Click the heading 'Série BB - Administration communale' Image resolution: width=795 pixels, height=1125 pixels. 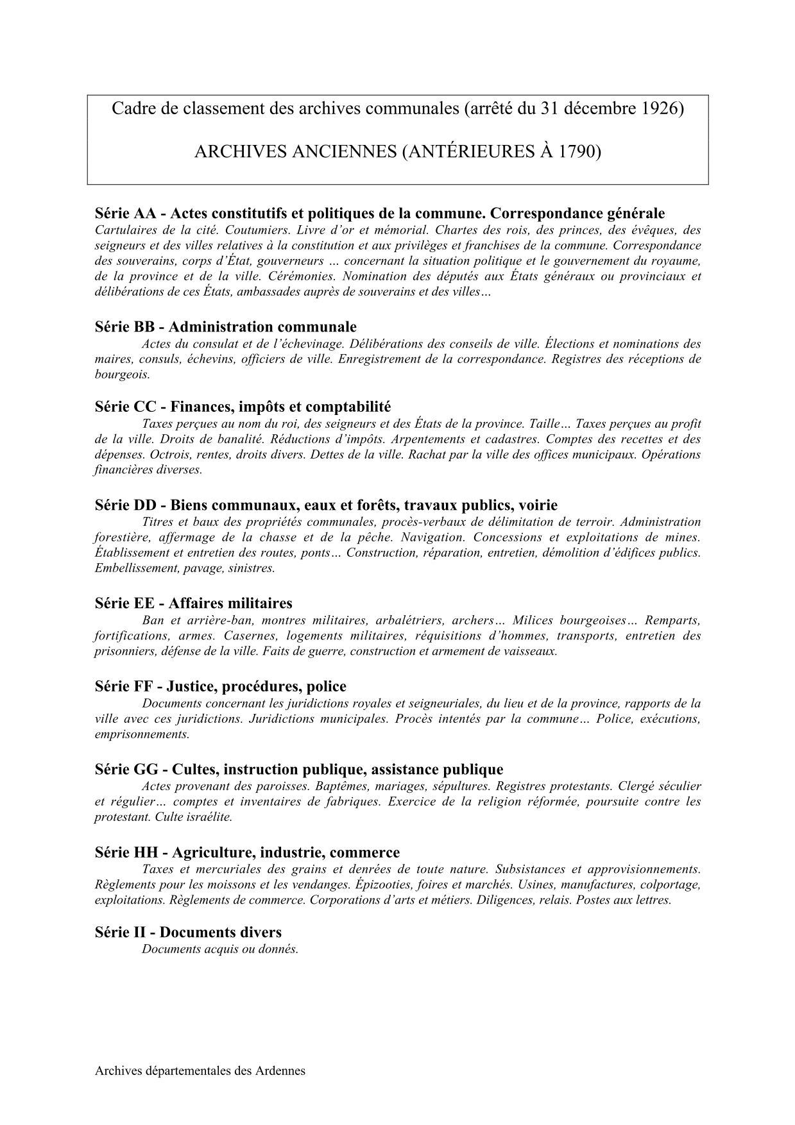225,327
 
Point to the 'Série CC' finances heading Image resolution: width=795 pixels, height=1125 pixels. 243,407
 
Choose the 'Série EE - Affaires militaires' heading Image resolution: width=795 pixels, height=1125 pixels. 193,604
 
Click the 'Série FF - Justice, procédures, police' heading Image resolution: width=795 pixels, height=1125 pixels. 220,687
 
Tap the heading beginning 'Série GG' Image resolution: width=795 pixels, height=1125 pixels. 298,770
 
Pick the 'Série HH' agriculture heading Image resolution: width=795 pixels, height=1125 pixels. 246,853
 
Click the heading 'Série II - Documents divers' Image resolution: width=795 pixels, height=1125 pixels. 188,933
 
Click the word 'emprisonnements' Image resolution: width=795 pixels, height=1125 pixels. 142,734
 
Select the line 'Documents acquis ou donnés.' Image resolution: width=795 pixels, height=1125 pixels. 220,949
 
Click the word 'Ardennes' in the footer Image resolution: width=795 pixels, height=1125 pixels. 280,1071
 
